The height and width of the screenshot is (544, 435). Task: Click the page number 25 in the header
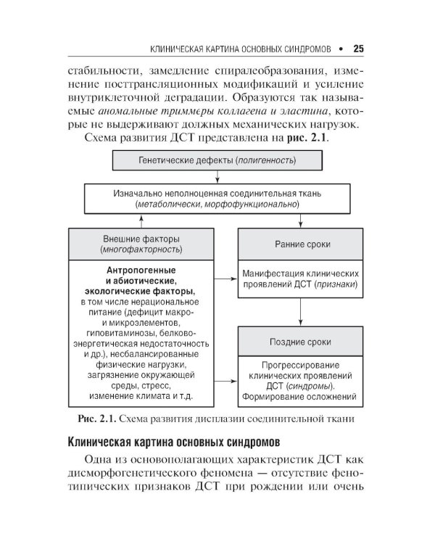tap(357, 50)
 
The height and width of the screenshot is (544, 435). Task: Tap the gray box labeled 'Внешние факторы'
tap(141, 244)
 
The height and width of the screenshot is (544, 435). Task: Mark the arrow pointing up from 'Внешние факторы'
tap(141, 221)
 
